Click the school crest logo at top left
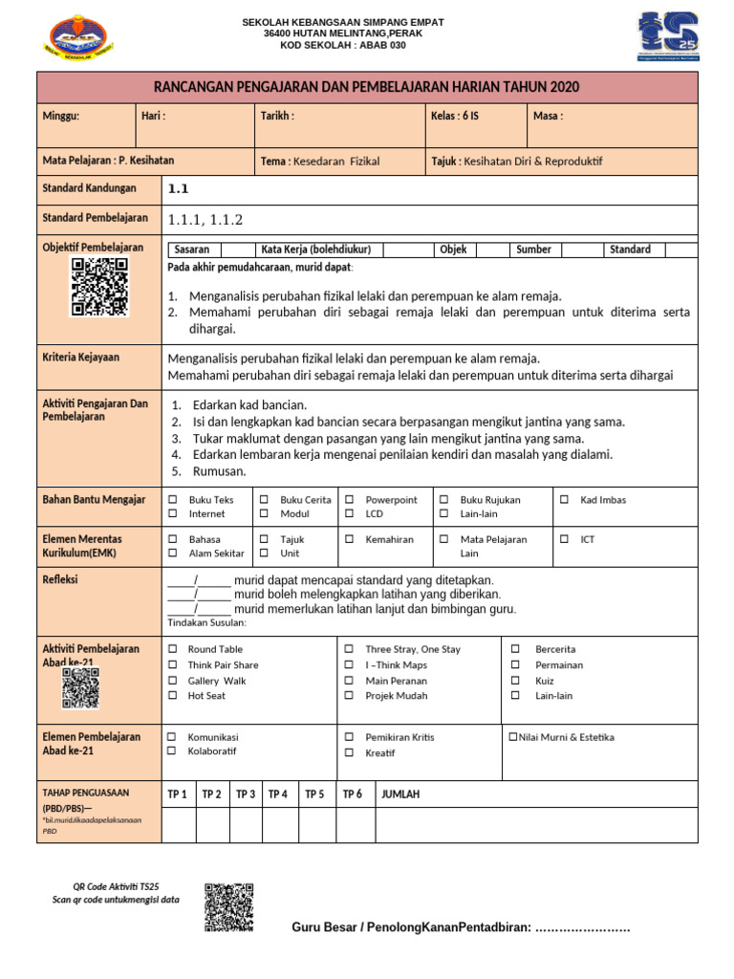click(x=78, y=35)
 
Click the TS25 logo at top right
click(x=667, y=36)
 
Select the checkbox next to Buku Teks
click(x=173, y=500)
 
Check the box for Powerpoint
click(x=350, y=500)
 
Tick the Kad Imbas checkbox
click(x=564, y=500)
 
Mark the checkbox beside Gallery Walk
click(x=172, y=681)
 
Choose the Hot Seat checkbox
click(x=172, y=696)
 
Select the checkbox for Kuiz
click(x=515, y=681)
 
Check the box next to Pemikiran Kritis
click(x=350, y=737)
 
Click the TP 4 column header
click(x=278, y=794)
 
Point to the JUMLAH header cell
click(x=400, y=794)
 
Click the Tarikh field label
click(x=277, y=116)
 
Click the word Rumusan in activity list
click(x=219, y=471)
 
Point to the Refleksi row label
click(x=60, y=579)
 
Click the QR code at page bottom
click(x=228, y=906)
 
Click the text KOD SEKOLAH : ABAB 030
click(x=342, y=45)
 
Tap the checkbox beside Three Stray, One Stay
click(x=350, y=649)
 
